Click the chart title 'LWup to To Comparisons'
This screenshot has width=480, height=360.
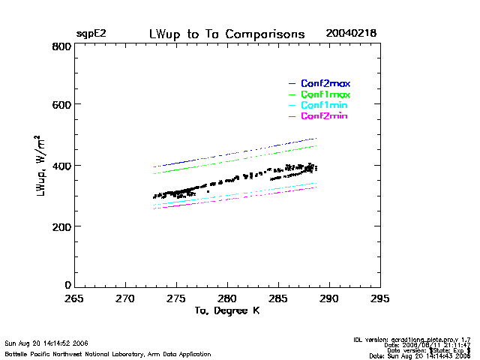(x=227, y=34)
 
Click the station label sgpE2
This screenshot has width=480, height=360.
(x=91, y=34)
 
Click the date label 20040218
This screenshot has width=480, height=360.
(x=351, y=34)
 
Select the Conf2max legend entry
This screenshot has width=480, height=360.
(x=325, y=83)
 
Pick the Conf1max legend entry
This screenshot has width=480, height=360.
(x=325, y=95)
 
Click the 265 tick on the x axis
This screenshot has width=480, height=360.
(x=74, y=298)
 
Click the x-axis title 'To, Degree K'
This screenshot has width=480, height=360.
(x=227, y=311)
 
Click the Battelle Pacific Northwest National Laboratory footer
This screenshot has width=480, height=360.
(x=108, y=353)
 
